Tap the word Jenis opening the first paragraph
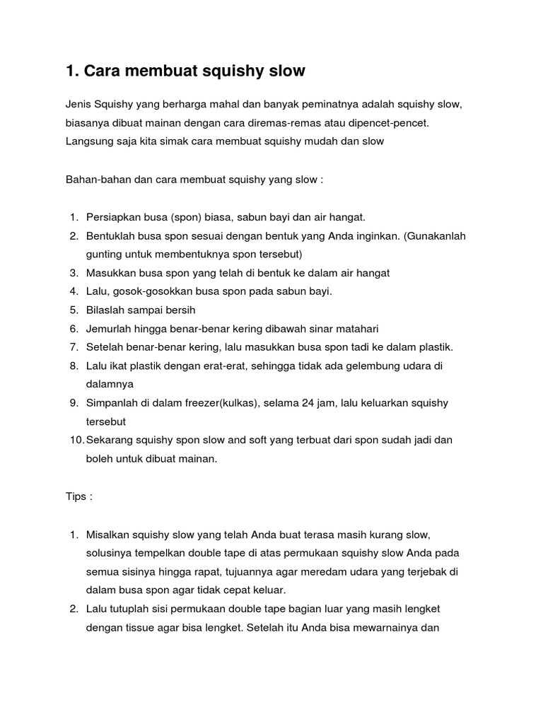tap(78, 105)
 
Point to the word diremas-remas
tap(267, 123)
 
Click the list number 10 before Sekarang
tap(76, 440)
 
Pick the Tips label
tap(76, 496)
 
